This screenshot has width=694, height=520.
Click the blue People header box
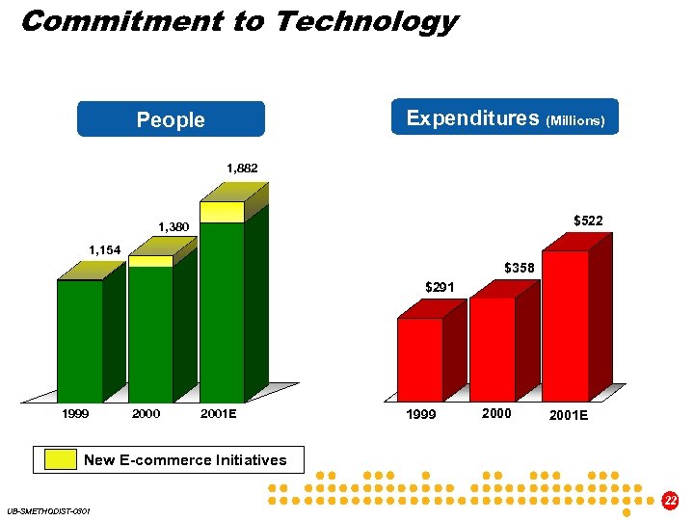tap(171, 119)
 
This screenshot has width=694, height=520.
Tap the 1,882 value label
tap(242, 169)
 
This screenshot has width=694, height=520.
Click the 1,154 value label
tap(104, 250)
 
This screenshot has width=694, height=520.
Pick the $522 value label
tap(588, 221)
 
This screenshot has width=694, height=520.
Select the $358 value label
tap(520, 267)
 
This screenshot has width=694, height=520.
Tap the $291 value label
tap(440, 286)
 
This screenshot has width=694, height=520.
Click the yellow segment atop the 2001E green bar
tap(222, 212)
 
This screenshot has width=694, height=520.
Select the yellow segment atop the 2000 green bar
tap(150, 261)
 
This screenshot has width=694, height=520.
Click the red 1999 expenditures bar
tap(420, 358)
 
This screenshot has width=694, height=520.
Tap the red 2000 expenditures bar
tap(492, 348)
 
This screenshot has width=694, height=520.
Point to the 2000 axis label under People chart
tap(147, 414)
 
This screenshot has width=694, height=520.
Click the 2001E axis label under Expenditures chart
tap(569, 415)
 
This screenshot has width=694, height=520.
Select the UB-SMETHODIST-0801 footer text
tap(48, 510)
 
